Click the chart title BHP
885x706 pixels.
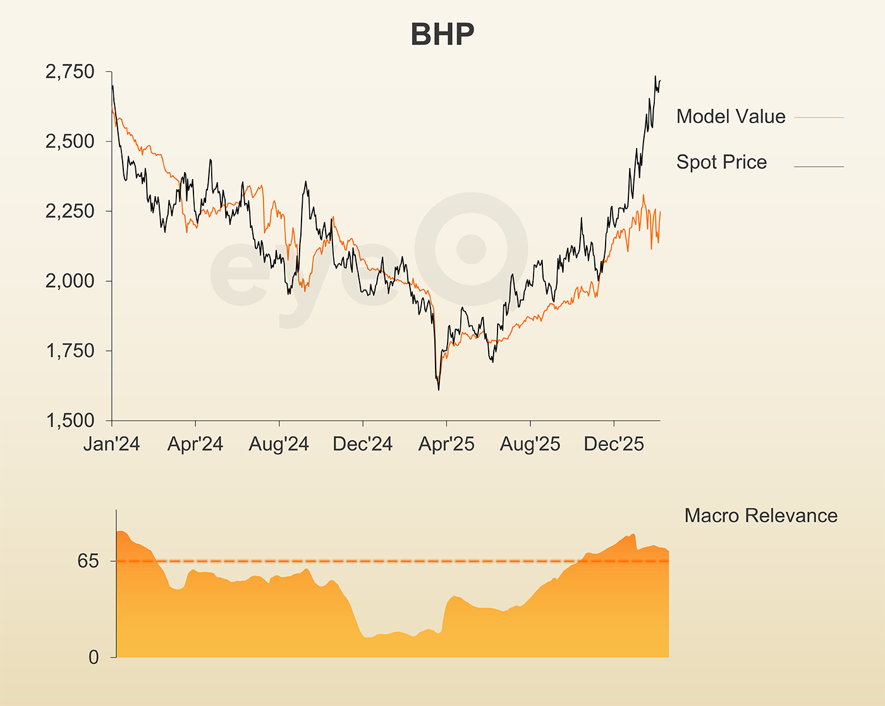point(442,34)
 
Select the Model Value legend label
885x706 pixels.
point(731,116)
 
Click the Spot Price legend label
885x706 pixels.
point(721,162)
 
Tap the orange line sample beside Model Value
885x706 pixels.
point(819,118)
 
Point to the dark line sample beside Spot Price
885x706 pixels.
point(819,167)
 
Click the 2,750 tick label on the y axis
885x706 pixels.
point(70,72)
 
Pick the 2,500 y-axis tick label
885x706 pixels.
point(70,142)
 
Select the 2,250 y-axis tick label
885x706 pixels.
point(70,211)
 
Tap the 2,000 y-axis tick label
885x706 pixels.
point(70,281)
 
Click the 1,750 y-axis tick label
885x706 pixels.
point(70,351)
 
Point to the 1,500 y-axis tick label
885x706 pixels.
point(70,420)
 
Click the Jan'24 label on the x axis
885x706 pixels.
point(112,444)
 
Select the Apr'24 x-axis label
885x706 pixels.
point(195,444)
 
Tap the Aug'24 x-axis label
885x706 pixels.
point(279,444)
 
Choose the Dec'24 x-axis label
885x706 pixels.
point(363,444)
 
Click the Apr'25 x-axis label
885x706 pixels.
point(446,444)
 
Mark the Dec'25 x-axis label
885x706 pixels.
point(614,444)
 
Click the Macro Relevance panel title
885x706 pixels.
point(760,516)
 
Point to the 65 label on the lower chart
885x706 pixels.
point(88,561)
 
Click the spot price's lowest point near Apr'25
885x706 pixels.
point(439,389)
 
